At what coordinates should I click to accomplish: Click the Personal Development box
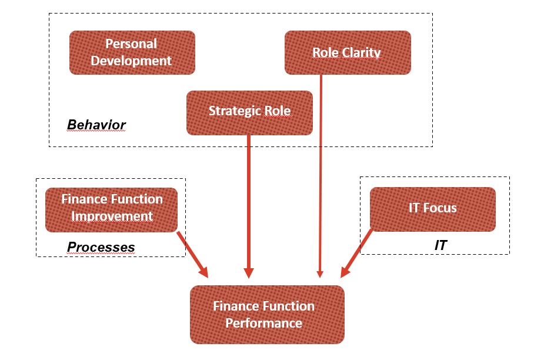[x=132, y=52]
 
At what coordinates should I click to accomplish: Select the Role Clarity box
[x=348, y=52]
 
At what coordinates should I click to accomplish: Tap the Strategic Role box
[x=249, y=113]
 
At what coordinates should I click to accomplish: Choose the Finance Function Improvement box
[x=111, y=209]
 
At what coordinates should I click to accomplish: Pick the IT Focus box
[x=433, y=209]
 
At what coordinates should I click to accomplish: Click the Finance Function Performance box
[x=267, y=315]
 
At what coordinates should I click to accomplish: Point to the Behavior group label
[x=96, y=125]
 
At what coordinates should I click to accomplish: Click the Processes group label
[x=101, y=247]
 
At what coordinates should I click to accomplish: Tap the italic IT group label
[x=440, y=245]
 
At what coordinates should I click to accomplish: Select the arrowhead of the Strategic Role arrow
[x=249, y=273]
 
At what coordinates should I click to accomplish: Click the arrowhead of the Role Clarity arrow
[x=320, y=274]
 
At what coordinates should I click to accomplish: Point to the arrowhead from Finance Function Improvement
[x=203, y=272]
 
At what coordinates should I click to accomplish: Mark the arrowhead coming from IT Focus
[x=345, y=272]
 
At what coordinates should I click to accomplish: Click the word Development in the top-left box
[x=131, y=61]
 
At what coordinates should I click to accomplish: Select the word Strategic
[x=235, y=111]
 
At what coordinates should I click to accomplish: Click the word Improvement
[x=112, y=216]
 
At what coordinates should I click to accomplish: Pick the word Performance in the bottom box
[x=263, y=323]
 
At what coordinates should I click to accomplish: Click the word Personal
[x=131, y=44]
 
